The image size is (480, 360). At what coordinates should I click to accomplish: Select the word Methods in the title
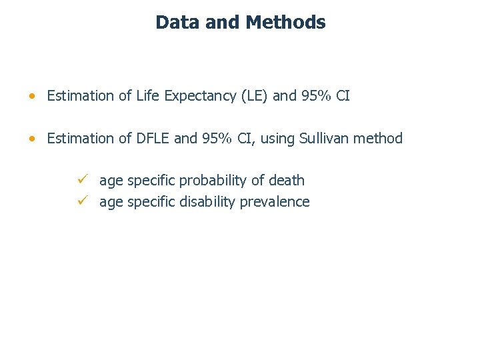285,22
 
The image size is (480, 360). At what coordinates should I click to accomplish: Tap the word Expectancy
198,96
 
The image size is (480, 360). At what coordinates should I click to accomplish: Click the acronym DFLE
153,139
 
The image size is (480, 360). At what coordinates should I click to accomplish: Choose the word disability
207,202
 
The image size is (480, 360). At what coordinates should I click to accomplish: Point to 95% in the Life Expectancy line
315,96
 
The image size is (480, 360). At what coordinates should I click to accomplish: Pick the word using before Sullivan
279,139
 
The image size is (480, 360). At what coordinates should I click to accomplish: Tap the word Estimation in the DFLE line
81,139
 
